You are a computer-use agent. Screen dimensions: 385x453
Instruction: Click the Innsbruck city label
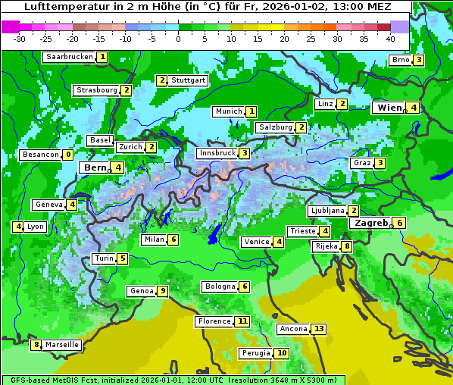[217, 153]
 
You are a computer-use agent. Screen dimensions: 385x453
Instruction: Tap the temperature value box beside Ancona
[319, 329]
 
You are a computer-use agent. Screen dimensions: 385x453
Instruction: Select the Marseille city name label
[61, 345]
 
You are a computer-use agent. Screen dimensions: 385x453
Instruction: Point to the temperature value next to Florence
[242, 321]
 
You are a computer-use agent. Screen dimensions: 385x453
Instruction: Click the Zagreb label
[371, 223]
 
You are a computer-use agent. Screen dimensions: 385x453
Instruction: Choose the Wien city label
[389, 108]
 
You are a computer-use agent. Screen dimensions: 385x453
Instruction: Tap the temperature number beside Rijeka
[347, 246]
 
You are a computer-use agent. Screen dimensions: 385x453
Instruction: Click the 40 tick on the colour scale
[390, 38]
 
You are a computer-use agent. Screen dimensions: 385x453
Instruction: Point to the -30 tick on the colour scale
[20, 38]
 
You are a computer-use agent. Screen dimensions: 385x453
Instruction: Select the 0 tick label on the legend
[178, 38]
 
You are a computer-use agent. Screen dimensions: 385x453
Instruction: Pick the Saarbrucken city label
[70, 57]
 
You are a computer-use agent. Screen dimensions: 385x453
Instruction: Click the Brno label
[401, 60]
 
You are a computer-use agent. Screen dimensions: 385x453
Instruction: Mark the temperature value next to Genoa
[162, 291]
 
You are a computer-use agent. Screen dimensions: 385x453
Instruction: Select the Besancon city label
[41, 155]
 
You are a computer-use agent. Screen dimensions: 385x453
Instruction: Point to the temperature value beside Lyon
[17, 227]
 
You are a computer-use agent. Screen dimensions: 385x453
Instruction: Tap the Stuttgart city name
[189, 80]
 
